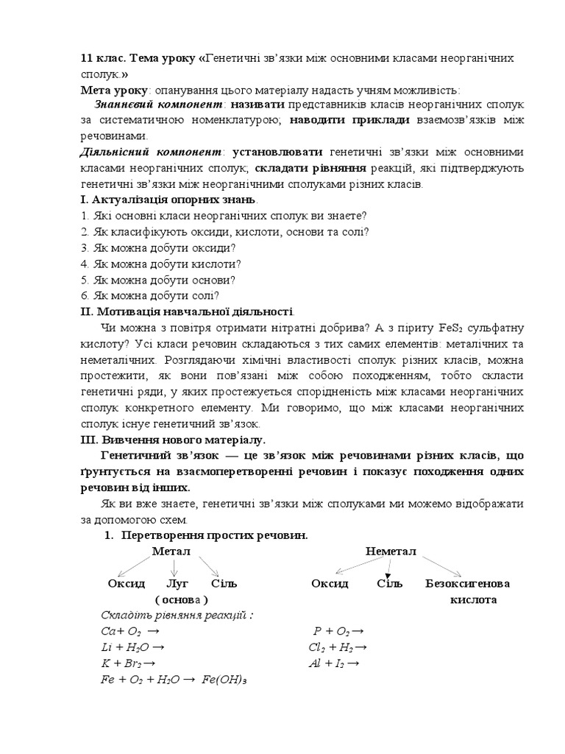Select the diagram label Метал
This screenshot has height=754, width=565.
point(171,552)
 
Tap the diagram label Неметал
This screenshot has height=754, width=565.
point(391,552)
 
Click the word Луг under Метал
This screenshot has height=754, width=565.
point(174,583)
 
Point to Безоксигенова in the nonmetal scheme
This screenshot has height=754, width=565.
point(468,583)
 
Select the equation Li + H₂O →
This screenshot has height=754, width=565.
point(132,647)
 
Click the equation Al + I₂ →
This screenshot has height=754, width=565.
point(333,663)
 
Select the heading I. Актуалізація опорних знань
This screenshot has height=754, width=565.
point(168,200)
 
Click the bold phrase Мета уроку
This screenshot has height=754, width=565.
point(110,90)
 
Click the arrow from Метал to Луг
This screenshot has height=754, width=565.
point(174,568)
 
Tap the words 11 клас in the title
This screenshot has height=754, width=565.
point(102,58)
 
